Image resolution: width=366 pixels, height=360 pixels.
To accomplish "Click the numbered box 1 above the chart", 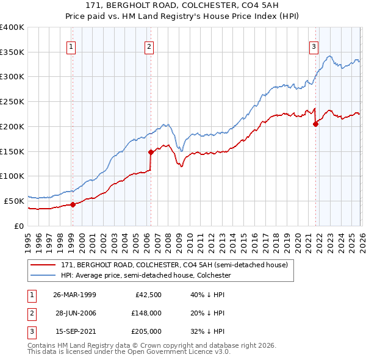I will (x=71, y=46).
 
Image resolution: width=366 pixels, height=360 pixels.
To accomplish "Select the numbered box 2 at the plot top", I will (x=149, y=46).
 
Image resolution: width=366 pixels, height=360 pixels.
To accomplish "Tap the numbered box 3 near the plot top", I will (x=314, y=46).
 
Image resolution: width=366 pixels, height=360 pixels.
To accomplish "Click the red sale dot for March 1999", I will (x=73, y=204).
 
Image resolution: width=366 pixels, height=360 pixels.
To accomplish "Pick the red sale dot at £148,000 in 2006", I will (x=151, y=152).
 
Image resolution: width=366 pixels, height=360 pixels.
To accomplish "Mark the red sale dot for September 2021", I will (x=315, y=124).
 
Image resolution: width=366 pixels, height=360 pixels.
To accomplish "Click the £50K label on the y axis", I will (x=15, y=200).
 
